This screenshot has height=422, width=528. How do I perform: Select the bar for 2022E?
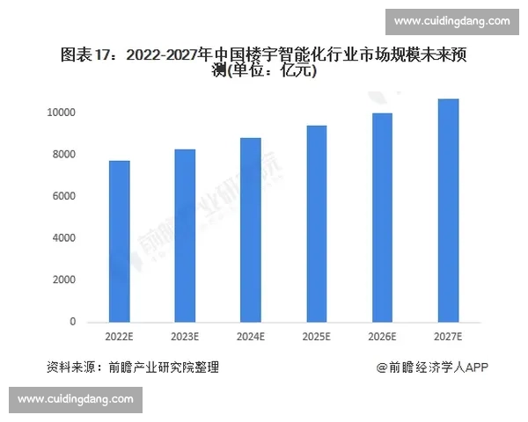[120, 242]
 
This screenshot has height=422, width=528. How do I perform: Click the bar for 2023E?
[185, 236]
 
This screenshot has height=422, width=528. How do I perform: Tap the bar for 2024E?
[250, 230]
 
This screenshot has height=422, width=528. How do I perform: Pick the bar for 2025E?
[316, 224]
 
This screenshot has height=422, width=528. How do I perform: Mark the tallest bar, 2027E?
[448, 211]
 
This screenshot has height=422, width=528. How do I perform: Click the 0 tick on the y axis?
[73, 322]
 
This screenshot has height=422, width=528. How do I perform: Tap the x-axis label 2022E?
[120, 337]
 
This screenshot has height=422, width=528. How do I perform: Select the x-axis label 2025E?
[316, 337]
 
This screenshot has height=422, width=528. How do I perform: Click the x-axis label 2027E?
[448, 337]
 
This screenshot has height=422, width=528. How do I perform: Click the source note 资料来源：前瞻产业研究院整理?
[132, 367]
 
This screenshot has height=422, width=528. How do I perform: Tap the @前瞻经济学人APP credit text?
[432, 367]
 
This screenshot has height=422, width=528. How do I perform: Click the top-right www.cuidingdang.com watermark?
[451, 21]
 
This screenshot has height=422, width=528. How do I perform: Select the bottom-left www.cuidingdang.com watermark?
[76, 400]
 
